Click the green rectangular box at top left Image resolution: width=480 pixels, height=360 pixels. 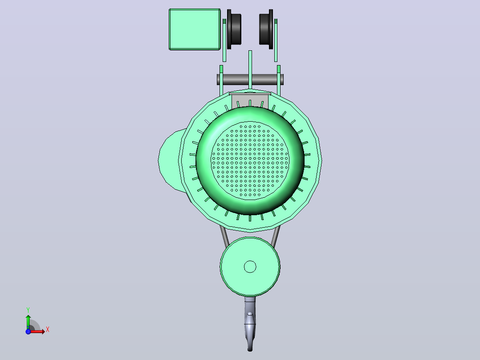point(195,29)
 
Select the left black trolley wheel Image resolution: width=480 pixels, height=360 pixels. point(234,29)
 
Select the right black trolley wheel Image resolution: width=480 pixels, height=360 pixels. point(266,29)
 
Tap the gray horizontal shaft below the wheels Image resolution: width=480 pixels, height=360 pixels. point(250,79)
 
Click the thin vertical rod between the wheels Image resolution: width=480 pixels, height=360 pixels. point(250,70)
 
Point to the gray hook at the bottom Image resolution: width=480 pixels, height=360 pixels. point(250,323)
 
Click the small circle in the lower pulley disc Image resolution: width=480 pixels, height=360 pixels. point(250,266)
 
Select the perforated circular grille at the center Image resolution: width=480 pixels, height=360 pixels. point(250,160)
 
